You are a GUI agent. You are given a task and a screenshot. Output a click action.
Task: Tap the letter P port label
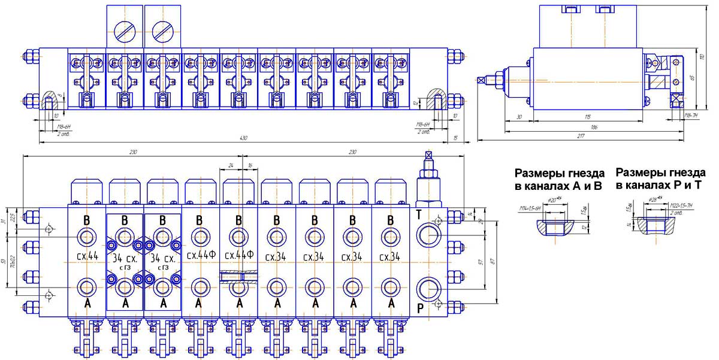(x=419, y=310)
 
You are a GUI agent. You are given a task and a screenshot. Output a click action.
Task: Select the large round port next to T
(x=430, y=234)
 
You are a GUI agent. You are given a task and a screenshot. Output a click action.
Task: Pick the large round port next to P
(x=430, y=289)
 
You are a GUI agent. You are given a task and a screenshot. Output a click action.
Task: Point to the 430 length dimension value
(x=244, y=138)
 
